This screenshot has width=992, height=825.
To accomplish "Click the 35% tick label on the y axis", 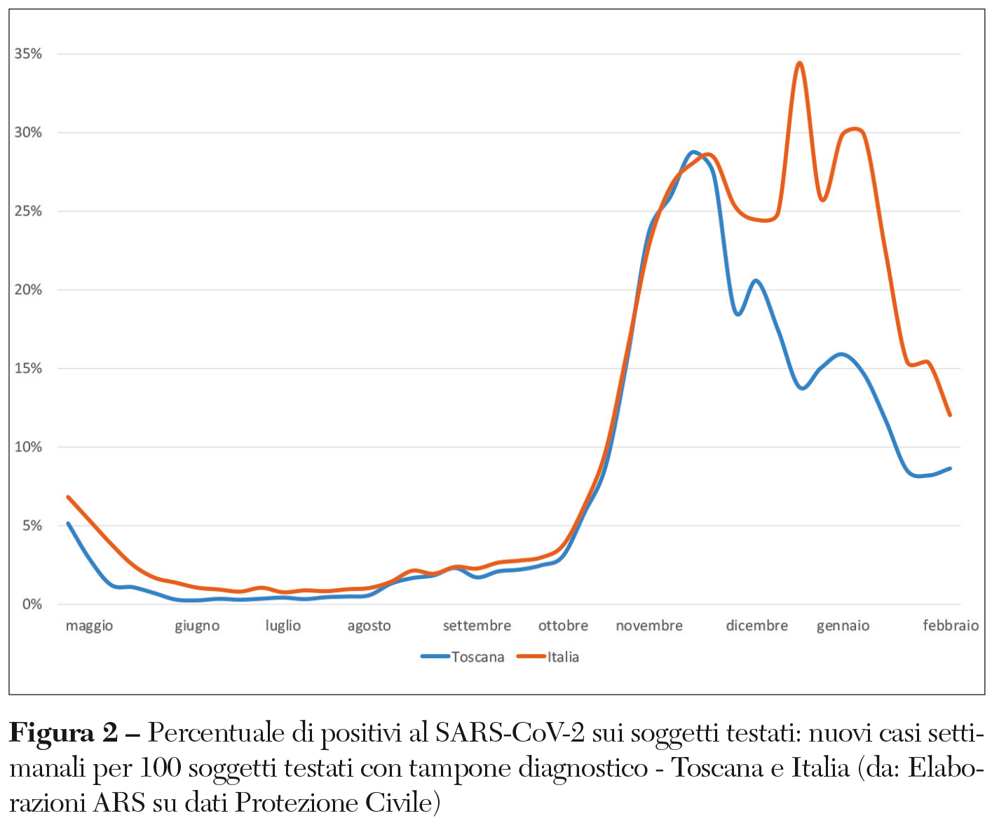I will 28,54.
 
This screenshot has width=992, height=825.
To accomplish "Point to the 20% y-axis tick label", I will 28,289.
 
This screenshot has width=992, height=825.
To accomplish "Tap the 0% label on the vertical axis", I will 32,604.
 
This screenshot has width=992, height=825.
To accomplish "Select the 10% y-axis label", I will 28,447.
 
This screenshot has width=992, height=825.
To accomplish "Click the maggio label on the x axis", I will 89,626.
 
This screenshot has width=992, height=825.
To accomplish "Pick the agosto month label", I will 369,626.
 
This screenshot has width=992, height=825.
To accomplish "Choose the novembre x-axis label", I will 649,625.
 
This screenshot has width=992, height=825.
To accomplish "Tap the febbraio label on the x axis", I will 951,625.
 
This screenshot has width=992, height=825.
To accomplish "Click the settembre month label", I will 477,625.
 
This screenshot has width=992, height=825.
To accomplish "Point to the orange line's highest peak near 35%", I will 799,63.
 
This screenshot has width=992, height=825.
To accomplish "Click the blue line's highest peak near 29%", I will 693,151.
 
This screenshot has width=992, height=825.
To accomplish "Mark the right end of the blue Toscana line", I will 950,468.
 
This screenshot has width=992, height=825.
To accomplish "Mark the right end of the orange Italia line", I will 950,415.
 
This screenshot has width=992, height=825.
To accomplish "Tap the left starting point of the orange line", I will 68,497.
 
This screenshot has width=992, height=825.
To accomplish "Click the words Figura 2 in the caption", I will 63,733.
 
